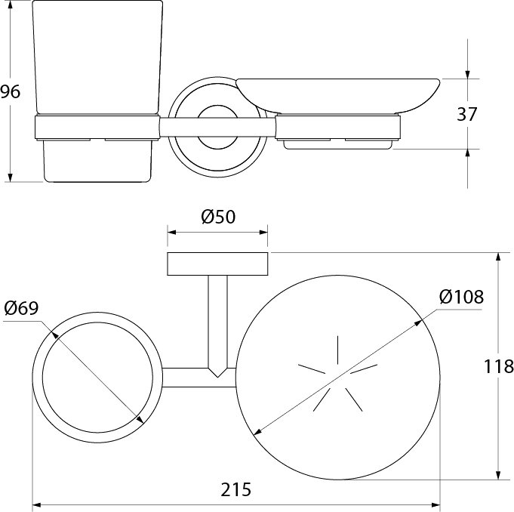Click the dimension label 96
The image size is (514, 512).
(x=10, y=91)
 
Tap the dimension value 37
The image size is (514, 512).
(x=466, y=114)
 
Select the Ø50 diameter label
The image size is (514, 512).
(x=218, y=217)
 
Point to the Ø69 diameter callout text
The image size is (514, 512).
(x=22, y=308)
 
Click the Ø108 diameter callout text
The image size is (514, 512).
(x=461, y=297)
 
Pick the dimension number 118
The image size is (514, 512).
(x=498, y=366)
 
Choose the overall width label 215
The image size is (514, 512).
(x=235, y=489)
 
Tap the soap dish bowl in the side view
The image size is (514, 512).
(x=337, y=96)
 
